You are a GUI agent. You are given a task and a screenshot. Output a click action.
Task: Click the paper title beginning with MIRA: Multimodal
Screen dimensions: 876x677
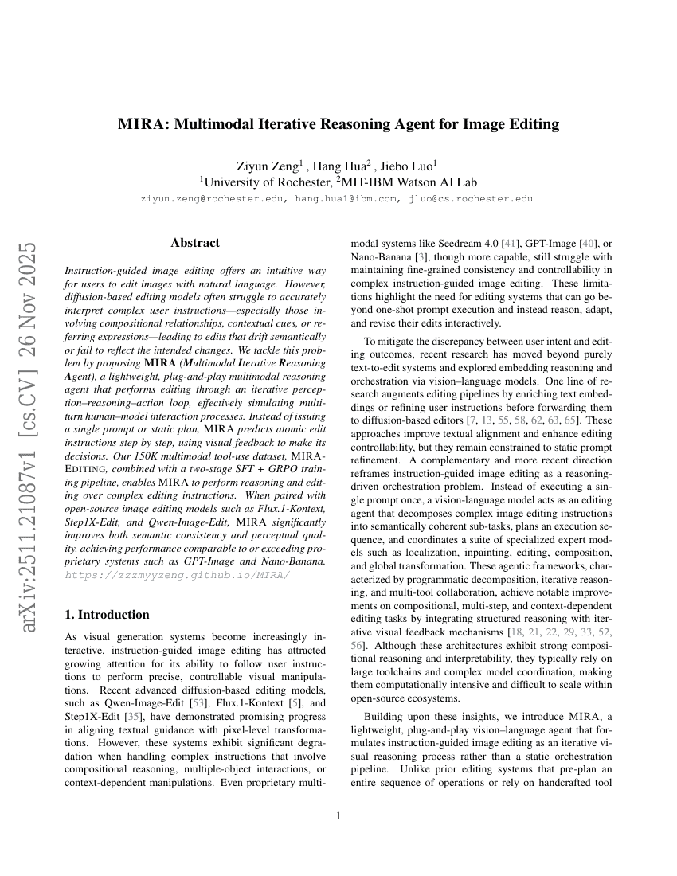click(x=338, y=124)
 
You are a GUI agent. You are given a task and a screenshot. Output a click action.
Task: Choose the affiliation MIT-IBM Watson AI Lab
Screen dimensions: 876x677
click(x=409, y=182)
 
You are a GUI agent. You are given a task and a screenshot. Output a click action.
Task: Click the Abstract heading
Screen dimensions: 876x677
click(x=195, y=243)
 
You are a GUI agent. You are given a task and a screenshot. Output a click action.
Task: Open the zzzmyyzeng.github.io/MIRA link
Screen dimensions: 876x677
click(x=177, y=574)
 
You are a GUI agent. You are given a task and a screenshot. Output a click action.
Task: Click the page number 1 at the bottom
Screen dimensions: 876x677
click(x=338, y=815)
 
